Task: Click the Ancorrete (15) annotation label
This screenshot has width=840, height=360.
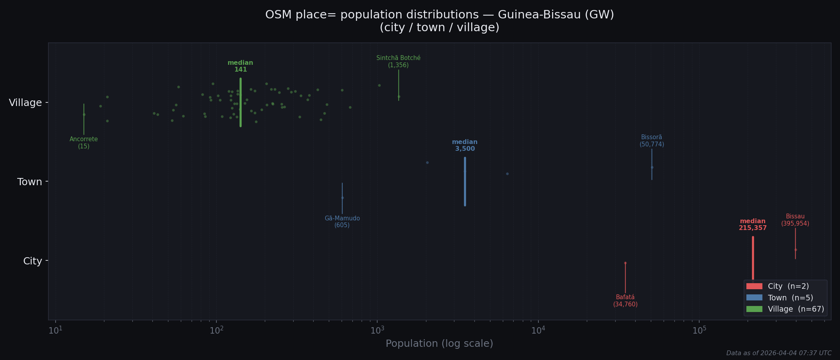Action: (x=84, y=143)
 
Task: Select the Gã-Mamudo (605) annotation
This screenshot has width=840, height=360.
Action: (x=342, y=222)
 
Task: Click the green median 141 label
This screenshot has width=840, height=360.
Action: (x=240, y=66)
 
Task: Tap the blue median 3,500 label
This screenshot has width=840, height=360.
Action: (x=465, y=145)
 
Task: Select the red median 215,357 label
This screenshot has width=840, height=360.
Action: (x=752, y=224)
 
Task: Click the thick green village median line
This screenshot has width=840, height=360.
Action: (x=240, y=102)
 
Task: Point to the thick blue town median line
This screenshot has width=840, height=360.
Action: (x=465, y=182)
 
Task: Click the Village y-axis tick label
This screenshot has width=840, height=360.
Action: (x=26, y=103)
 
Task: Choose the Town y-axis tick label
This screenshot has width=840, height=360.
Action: (x=30, y=182)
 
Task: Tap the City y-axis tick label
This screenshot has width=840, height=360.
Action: (x=32, y=261)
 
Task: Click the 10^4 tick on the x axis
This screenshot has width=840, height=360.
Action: (x=538, y=330)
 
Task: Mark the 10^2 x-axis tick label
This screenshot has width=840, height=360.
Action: (x=216, y=330)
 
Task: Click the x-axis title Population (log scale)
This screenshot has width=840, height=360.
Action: (x=439, y=344)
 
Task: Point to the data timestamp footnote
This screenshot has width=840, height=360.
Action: (x=779, y=353)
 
